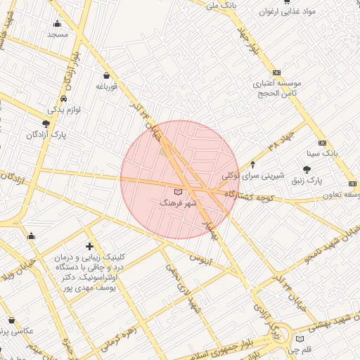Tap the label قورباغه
coord(105,86)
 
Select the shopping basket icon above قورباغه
coord(105,75)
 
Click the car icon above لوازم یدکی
coord(64,98)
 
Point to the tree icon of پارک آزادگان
coord(46,124)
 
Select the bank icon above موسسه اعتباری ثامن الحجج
coord(276,72)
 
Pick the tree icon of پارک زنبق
coord(307,169)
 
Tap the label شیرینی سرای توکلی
coord(252,176)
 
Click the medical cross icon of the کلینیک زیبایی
coord(89,246)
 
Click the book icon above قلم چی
coord(300,339)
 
